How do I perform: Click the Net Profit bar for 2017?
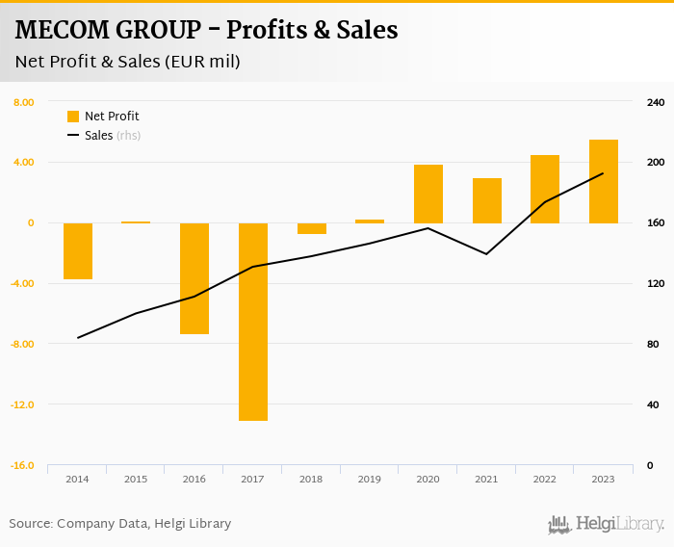(253, 322)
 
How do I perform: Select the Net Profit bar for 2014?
(78, 251)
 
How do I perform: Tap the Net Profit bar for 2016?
(194, 278)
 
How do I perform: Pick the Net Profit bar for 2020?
(428, 194)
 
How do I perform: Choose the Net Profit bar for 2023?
(604, 181)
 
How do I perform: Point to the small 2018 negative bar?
(312, 228)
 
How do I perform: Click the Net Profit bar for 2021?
(487, 200)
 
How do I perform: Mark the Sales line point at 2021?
(487, 254)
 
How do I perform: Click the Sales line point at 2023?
(604, 173)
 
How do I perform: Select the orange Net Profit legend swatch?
(73, 117)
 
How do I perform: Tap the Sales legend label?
(99, 136)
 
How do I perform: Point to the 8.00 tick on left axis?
(24, 102)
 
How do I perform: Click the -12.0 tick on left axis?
(23, 404)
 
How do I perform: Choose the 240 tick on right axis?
(655, 102)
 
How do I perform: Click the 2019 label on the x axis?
(370, 479)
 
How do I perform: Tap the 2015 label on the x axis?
(136, 479)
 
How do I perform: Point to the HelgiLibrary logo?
(606, 525)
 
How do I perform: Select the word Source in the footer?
(30, 524)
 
